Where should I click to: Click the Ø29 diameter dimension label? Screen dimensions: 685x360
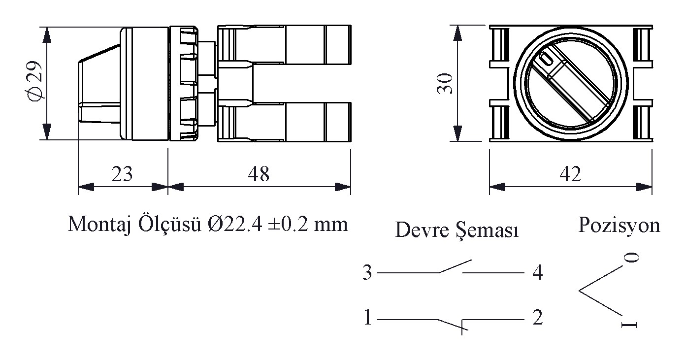point(34,80)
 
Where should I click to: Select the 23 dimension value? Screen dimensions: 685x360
point(122,174)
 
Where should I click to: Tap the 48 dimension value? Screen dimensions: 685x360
point(259,174)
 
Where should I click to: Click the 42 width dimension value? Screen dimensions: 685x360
point(570,174)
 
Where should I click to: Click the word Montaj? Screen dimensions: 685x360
point(99,225)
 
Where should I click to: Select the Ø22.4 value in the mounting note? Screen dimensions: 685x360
point(235,224)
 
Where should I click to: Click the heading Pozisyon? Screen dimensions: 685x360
point(619,226)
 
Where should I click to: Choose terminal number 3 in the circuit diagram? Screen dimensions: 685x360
point(367,272)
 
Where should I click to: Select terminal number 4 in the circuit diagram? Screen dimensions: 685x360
point(538,272)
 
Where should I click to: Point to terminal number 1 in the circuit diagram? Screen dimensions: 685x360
point(367,317)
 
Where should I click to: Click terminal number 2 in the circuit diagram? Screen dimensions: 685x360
point(537,317)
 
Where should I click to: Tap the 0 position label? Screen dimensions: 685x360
point(631,258)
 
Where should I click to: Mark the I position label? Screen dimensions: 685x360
point(629,325)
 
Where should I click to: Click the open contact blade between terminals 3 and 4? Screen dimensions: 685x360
point(455,266)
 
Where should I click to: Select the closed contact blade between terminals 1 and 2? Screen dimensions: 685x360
point(453,325)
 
